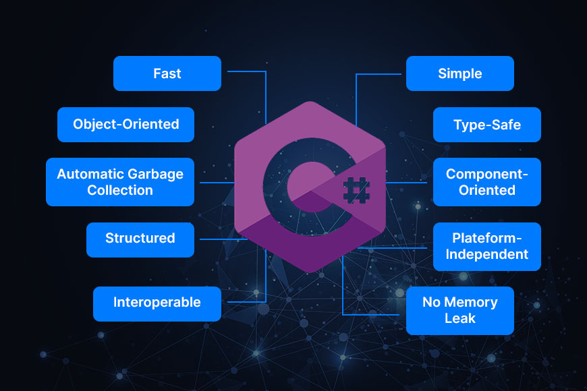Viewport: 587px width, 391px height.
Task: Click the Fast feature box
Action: [x=167, y=73]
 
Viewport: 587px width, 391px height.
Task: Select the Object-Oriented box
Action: [x=125, y=125]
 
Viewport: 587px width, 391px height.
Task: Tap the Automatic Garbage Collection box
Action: [x=120, y=182]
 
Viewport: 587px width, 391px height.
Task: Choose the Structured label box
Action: [x=140, y=239]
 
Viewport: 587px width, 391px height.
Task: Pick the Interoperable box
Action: [x=157, y=303]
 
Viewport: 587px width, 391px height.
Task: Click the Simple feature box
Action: [x=459, y=73]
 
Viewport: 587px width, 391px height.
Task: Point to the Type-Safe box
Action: [x=486, y=125]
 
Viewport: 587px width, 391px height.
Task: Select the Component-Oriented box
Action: [x=486, y=182]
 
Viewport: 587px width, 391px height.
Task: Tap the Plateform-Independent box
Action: [x=486, y=247]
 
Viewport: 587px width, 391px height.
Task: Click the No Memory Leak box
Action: [x=459, y=311]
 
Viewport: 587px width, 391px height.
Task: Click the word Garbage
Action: [x=155, y=174]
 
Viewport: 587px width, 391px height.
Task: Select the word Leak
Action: [x=459, y=319]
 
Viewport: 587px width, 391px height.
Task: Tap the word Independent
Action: [x=486, y=255]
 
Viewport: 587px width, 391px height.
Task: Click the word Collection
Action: [x=120, y=190]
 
